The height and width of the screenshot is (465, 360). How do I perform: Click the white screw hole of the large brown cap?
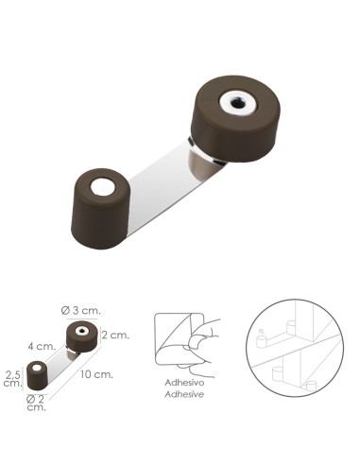233,101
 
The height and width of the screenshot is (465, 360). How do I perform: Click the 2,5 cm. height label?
13,378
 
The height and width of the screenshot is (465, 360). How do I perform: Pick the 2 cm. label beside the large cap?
115,335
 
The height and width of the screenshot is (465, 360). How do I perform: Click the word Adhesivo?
184,385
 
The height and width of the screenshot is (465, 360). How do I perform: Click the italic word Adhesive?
184,397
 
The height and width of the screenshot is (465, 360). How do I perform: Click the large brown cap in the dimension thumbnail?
82,336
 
